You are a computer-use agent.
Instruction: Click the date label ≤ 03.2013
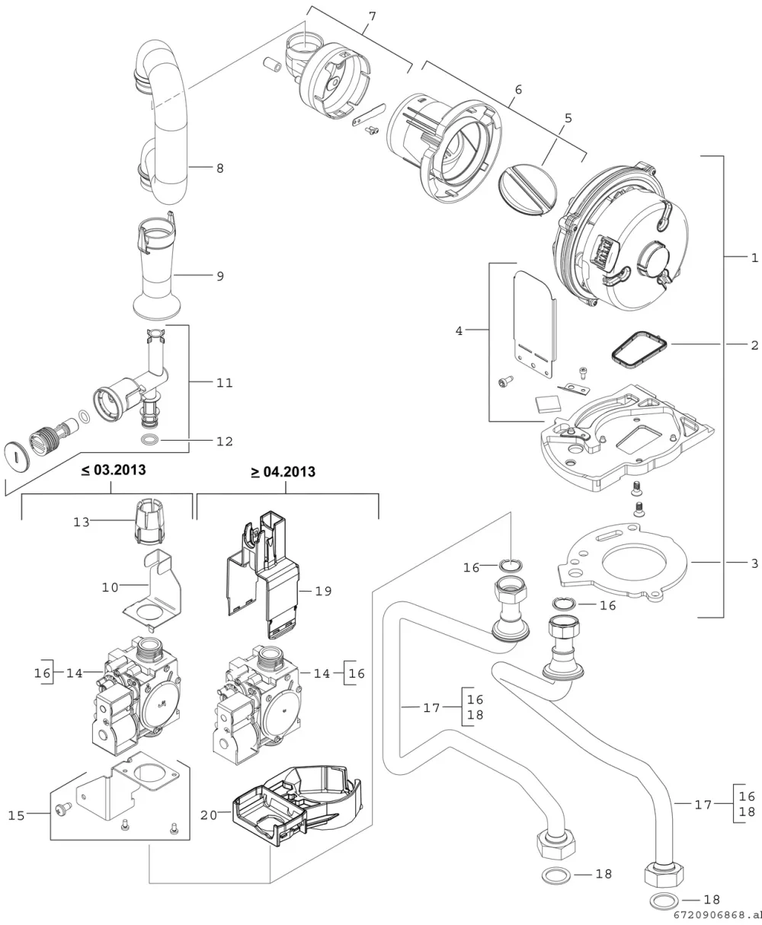[114, 470]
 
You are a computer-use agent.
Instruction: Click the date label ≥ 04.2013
[283, 472]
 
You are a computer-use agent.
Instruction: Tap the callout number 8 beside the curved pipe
[220, 168]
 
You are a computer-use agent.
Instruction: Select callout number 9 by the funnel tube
[220, 276]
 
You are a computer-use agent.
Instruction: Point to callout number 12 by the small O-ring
[224, 442]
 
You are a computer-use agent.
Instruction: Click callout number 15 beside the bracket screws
[16, 816]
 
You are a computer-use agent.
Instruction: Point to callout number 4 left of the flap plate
[459, 330]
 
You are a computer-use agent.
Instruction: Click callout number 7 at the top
[372, 17]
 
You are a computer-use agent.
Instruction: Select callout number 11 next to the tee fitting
[224, 383]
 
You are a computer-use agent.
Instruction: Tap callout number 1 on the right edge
[754, 258]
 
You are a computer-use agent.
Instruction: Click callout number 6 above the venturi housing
[518, 90]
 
